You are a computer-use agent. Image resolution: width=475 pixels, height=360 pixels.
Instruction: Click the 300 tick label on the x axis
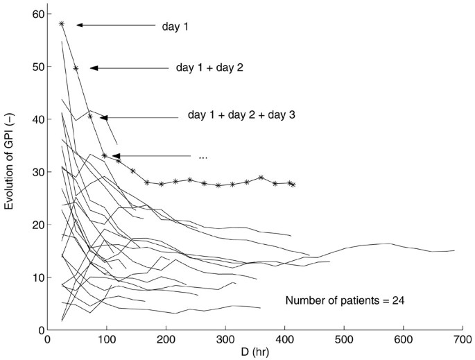[223, 341]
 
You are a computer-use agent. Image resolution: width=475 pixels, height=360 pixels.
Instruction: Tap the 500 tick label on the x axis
[343, 341]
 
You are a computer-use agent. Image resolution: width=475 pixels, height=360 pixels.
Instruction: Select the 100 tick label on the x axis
[105, 341]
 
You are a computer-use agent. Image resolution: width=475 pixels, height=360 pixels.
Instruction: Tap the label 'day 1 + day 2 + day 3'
[241, 114]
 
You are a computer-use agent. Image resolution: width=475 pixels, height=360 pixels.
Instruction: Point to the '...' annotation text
[202, 157]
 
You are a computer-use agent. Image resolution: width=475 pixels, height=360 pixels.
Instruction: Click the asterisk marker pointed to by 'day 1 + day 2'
[76, 68]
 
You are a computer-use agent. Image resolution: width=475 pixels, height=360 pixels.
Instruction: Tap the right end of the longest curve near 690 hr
[455, 250]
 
